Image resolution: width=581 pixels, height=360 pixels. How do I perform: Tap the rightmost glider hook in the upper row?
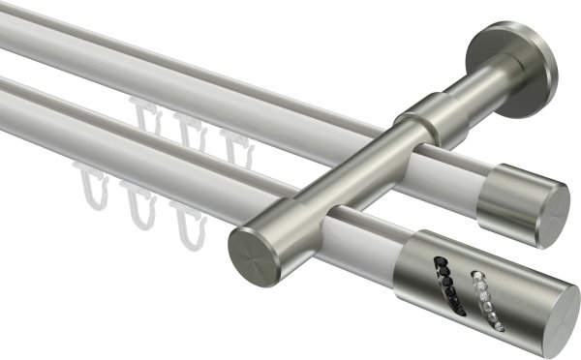[x=230, y=145]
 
